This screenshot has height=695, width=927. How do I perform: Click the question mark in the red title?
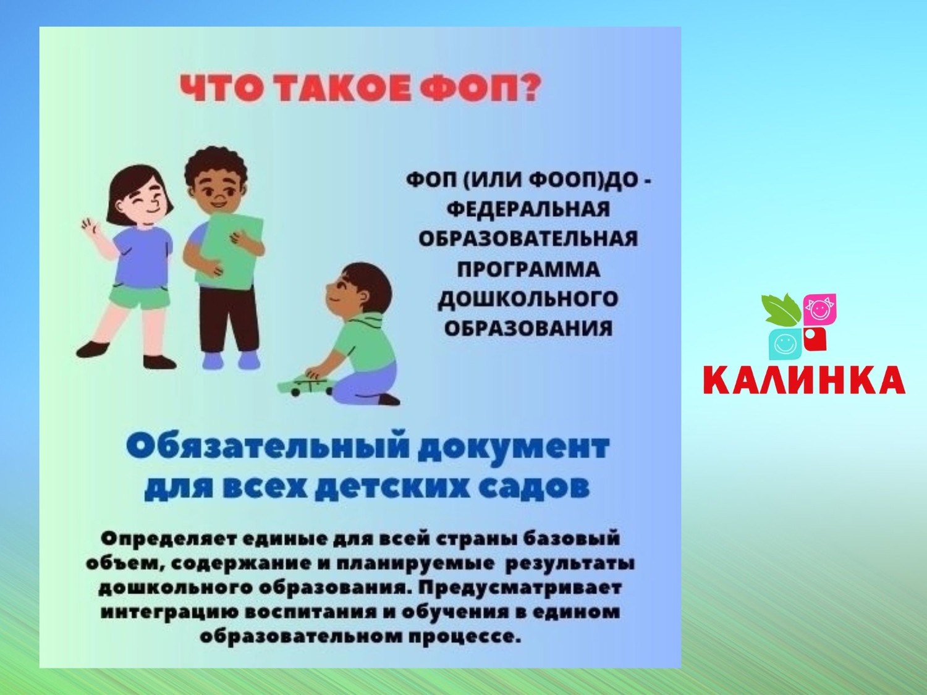click(x=528, y=87)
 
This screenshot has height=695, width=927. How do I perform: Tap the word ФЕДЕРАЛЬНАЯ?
click(x=528, y=208)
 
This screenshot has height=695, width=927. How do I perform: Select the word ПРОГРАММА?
click(x=528, y=269)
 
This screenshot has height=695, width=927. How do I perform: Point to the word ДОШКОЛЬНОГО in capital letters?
click(x=528, y=299)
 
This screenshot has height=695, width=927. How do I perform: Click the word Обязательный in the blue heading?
click(x=267, y=447)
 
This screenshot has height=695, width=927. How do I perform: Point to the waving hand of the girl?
click(x=90, y=225)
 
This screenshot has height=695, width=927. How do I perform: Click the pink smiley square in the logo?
click(x=819, y=310)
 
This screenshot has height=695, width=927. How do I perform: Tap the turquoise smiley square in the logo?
click(x=785, y=344)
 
